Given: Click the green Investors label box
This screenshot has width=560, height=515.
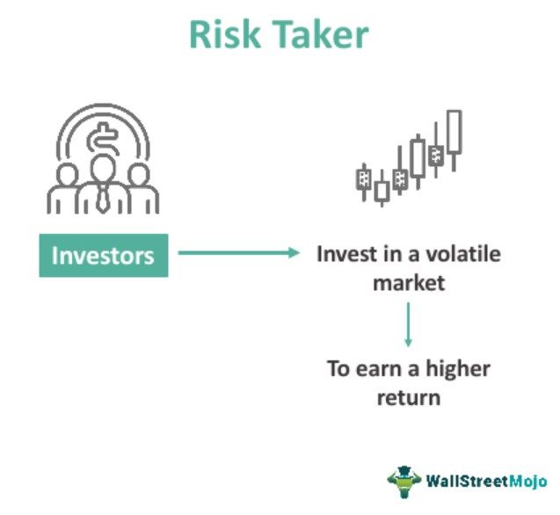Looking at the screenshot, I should click(x=103, y=256).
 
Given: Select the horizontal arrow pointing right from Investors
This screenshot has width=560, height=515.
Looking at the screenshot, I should click(x=238, y=253).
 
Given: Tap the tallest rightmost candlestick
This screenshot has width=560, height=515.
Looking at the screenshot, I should click(x=454, y=134).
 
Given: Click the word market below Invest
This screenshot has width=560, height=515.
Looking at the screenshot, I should click(x=408, y=283).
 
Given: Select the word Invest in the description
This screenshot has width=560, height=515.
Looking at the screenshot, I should click(x=344, y=254).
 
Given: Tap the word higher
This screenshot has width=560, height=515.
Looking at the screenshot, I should click(x=460, y=368).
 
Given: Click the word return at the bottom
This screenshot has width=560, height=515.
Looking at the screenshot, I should click(x=409, y=397).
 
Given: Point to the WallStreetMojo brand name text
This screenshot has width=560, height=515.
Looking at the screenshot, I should click(x=486, y=481).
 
